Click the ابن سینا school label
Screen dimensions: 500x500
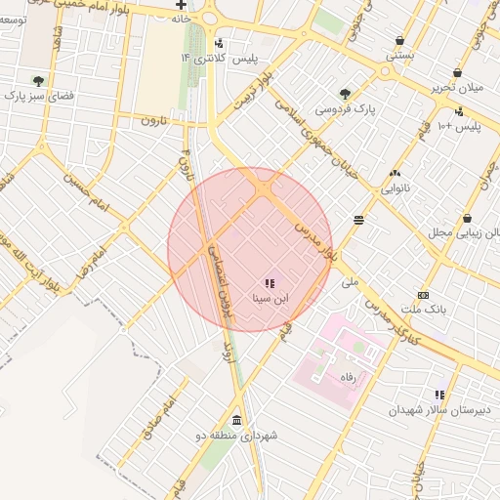(270, 297)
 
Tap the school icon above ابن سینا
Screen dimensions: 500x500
(270, 282)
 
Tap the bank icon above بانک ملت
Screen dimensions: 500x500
(423, 295)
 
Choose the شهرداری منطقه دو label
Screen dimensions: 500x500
(237, 435)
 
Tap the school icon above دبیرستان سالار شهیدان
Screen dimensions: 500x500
(440, 396)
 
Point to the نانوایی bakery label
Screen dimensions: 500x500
(395, 186)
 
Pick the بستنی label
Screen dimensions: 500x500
(399, 56)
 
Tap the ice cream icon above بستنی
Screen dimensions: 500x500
(400, 41)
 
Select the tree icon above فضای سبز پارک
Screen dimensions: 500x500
(38, 81)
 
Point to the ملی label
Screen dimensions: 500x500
(351, 281)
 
